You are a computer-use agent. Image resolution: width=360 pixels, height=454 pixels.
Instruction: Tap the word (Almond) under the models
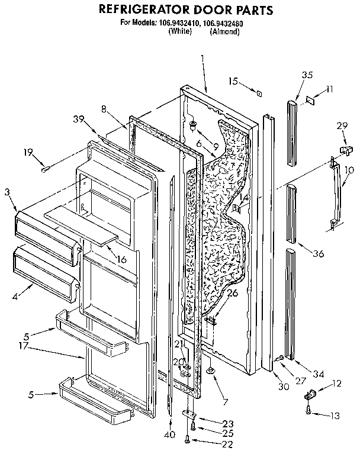click(x=224, y=31)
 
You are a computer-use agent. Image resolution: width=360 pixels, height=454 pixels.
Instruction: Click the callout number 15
click(x=233, y=81)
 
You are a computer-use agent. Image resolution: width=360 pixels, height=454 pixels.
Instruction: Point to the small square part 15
click(x=258, y=91)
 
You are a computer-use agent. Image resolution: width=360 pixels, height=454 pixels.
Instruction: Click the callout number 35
click(x=307, y=75)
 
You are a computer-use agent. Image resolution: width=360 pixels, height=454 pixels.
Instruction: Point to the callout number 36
click(x=319, y=254)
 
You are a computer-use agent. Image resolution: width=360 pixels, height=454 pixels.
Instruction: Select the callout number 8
click(x=104, y=108)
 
